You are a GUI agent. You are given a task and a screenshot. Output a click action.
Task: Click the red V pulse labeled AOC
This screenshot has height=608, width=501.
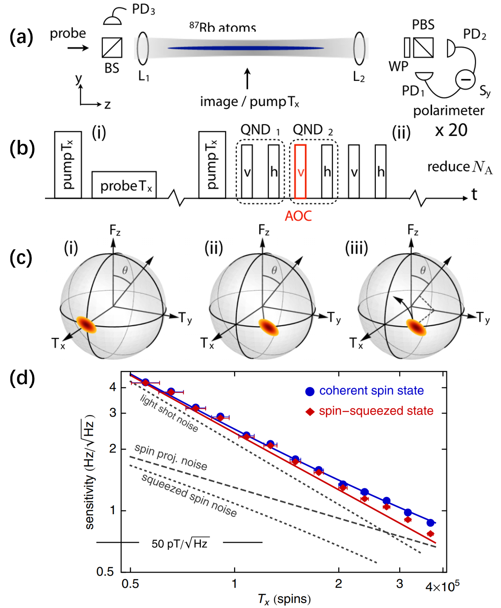(x=300, y=172)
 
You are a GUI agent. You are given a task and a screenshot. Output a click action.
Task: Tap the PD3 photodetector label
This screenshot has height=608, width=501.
(x=143, y=9)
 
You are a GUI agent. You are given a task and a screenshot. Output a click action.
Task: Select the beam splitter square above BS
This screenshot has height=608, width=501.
(x=112, y=48)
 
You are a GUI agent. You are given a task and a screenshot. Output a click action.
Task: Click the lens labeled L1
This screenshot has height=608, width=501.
(x=143, y=48)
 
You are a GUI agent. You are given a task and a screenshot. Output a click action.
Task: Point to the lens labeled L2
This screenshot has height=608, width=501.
(x=359, y=48)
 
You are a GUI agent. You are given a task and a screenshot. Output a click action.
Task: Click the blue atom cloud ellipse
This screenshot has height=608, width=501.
(x=246, y=48)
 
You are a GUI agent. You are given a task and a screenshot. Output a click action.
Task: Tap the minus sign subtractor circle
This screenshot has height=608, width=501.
(x=465, y=80)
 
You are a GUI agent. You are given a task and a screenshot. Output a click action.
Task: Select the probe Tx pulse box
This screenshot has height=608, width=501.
(x=124, y=185)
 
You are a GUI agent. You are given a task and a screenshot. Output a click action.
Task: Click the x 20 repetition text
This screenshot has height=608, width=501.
(x=451, y=130)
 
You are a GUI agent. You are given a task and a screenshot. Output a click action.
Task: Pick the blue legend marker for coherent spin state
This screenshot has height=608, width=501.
(x=310, y=391)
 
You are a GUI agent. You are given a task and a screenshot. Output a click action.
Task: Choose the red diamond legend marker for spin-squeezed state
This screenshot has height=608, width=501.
(x=310, y=411)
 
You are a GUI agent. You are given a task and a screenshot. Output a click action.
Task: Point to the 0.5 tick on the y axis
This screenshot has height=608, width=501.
(x=105, y=572)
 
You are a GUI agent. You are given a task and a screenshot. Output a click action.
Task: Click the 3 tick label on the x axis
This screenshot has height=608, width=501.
(x=400, y=584)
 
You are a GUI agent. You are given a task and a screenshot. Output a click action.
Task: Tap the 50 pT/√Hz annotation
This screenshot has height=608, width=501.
(x=180, y=543)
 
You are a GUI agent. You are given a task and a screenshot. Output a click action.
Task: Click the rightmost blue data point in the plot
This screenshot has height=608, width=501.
(x=431, y=522)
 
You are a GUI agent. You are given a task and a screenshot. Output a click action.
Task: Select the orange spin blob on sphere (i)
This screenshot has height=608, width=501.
(x=86, y=325)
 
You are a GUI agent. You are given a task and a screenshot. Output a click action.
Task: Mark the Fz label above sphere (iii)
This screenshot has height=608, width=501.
(x=413, y=230)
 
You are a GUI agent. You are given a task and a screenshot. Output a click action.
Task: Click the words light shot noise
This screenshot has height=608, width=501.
(x=169, y=413)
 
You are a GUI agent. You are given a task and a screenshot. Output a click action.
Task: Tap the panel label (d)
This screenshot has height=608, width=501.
(x=22, y=378)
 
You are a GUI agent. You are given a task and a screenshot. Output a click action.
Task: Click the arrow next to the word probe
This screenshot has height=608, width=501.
(x=78, y=48)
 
